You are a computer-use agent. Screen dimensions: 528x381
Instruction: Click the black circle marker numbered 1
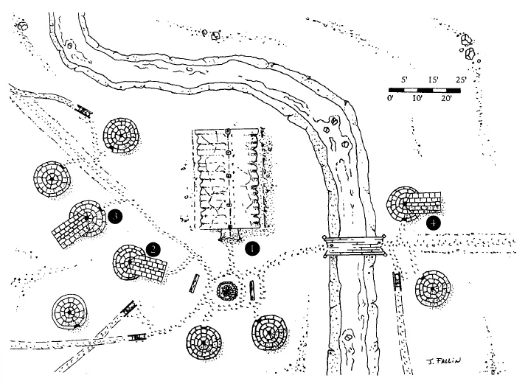pos(252,248)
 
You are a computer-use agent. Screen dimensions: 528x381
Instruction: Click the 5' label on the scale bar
pos(405,80)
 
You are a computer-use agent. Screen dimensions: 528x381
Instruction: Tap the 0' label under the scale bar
pos(392,99)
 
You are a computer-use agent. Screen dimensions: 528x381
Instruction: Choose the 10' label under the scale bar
pos(417,99)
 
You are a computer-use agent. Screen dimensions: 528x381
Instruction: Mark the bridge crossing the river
pos(355,247)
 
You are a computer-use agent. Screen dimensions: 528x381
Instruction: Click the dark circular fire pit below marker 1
pos(227,290)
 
